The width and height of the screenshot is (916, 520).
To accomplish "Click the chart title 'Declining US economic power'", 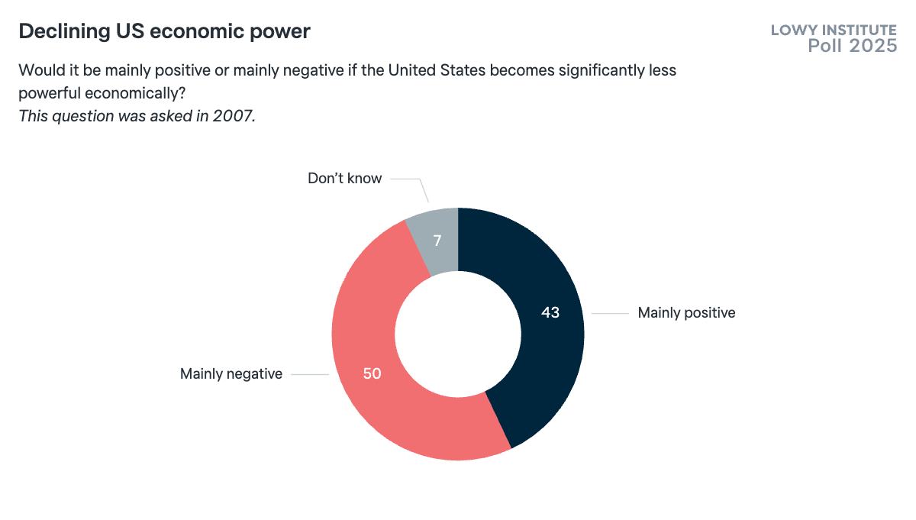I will (x=164, y=31).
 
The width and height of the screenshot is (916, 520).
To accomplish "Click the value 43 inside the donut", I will (x=550, y=312).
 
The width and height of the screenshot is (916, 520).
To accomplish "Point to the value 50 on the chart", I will (x=372, y=374).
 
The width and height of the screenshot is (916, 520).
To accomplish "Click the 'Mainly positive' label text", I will (x=686, y=312).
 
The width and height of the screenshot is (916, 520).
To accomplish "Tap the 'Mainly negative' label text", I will (x=231, y=373).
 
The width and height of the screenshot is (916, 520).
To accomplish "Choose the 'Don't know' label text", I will (x=344, y=179).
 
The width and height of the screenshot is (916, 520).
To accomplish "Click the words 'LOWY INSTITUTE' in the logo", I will (x=834, y=30).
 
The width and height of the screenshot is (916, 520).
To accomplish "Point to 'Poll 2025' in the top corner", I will (x=852, y=46).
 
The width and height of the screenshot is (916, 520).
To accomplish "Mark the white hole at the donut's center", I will (x=458, y=334).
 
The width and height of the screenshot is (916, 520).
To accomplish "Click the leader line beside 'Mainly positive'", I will (x=610, y=313).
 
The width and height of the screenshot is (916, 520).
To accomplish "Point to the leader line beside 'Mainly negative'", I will (x=309, y=374).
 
